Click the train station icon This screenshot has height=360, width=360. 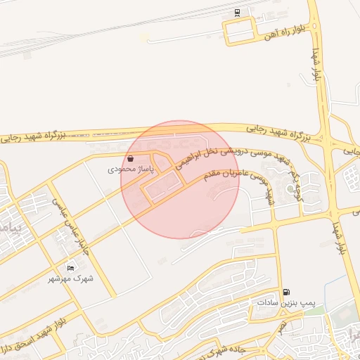point(237,11)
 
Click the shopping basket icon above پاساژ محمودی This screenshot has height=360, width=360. point(131,159)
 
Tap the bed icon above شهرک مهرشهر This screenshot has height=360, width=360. point(70,268)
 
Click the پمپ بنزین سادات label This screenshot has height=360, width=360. point(284,302)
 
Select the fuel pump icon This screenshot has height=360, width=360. point(285,292)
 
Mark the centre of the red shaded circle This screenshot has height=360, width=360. point(180,179)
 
